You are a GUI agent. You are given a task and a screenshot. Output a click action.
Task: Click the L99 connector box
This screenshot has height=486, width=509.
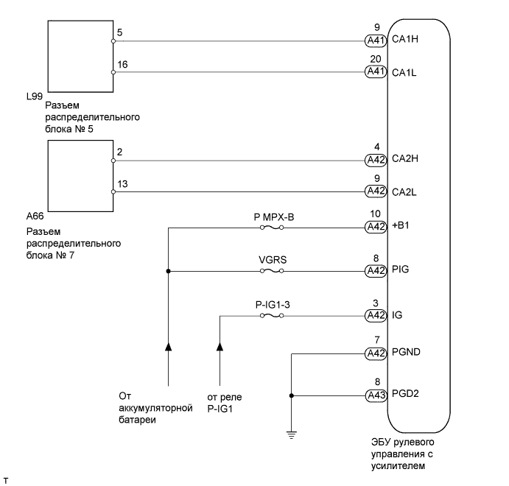click(x=80, y=55)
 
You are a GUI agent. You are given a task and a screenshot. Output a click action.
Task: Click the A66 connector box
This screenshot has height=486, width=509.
click(x=80, y=175)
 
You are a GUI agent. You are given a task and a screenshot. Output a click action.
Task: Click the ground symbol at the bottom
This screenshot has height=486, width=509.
click(x=292, y=434)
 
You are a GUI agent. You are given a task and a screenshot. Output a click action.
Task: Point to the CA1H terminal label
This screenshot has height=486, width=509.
click(x=404, y=40)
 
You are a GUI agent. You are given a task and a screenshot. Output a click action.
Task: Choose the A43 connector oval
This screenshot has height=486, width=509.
click(x=376, y=396)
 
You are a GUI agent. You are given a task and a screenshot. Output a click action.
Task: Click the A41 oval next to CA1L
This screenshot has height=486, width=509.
click(x=376, y=72)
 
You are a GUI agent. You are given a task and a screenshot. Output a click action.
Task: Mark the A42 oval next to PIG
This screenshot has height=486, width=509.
click(x=376, y=271)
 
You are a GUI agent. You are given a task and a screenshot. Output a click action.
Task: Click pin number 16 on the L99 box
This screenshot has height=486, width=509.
click(x=122, y=65)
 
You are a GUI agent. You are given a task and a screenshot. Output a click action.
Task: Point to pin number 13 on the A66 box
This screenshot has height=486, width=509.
click(x=122, y=184)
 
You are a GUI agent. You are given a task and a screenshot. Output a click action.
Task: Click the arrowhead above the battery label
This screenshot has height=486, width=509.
click(x=169, y=345)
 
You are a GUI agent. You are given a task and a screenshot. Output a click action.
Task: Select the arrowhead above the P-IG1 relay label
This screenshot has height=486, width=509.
click(x=220, y=345)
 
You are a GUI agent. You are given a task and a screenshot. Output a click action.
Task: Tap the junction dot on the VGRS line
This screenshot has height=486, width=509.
click(x=169, y=271)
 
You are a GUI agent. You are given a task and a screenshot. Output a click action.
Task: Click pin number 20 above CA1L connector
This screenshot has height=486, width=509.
click(x=376, y=60)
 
